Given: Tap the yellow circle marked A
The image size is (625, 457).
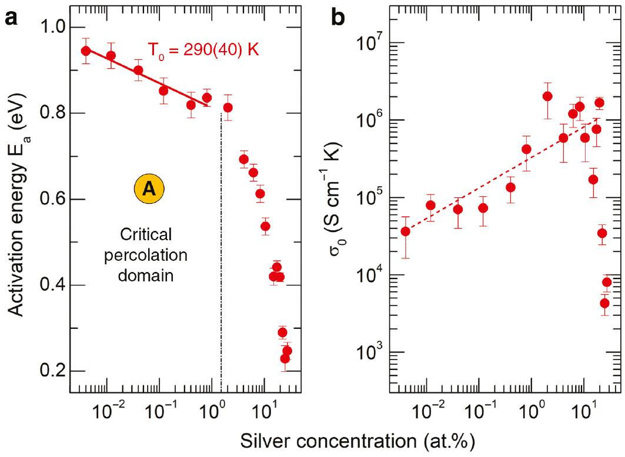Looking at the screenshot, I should point(149,189).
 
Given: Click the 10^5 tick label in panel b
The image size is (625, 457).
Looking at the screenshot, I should point(369,197).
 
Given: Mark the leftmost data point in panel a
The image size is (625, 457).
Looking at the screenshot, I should point(86,51).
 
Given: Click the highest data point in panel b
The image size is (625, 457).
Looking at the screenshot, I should point(547,96).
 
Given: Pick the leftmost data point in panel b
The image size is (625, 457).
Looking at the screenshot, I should point(405,231).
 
